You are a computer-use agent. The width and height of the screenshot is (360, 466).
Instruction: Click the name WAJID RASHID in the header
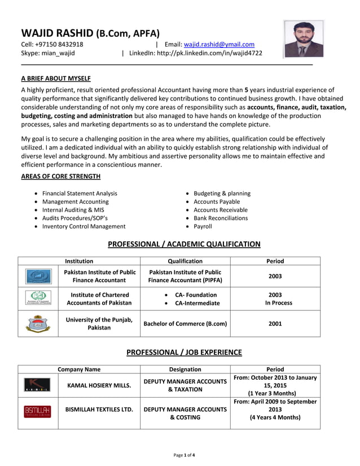[x=56, y=33]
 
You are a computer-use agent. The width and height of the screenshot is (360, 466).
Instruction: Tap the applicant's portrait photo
[x=304, y=39]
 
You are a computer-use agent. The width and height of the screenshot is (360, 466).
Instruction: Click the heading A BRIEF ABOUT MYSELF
[x=56, y=78]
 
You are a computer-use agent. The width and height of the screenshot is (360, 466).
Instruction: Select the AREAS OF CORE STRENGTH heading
[x=61, y=177]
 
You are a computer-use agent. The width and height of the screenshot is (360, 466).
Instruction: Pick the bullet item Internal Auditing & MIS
[x=73, y=210]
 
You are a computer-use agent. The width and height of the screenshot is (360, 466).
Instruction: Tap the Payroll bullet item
[x=203, y=226]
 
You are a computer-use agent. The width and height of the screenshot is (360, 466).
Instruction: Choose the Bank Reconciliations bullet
[x=221, y=218]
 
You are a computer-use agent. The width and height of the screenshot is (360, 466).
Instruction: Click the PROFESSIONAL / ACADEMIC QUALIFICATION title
[x=184, y=244]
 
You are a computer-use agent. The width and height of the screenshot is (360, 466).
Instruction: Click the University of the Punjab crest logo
[x=38, y=323]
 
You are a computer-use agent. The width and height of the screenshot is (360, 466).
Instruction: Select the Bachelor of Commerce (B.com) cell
[x=185, y=324]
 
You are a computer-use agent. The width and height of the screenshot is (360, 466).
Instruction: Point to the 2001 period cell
[x=275, y=324]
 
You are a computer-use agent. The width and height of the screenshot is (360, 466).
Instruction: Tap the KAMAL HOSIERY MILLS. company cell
[x=99, y=386]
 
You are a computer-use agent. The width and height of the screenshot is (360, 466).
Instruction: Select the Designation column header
[x=185, y=370]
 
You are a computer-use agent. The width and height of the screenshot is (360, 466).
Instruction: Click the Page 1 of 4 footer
[x=184, y=455]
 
